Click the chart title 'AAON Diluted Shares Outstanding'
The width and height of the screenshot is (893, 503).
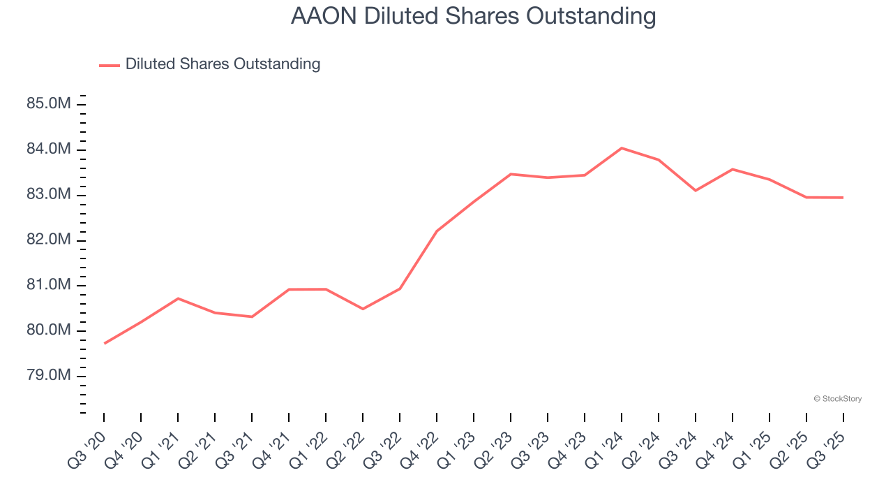(x=473, y=16)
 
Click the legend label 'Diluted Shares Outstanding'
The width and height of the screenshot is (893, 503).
(x=223, y=64)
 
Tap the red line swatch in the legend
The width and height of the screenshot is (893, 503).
(x=110, y=65)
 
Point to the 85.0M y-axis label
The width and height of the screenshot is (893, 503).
(x=49, y=104)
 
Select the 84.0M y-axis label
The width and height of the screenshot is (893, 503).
(x=49, y=150)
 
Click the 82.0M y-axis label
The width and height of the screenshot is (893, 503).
(x=49, y=240)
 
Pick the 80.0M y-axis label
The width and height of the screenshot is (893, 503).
(x=49, y=330)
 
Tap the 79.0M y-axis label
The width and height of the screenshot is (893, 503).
(x=49, y=376)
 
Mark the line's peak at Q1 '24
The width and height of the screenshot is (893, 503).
(x=622, y=148)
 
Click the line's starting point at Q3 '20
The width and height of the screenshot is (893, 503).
(x=105, y=343)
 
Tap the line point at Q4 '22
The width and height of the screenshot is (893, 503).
(x=437, y=231)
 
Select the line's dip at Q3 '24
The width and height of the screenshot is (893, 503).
(x=696, y=190)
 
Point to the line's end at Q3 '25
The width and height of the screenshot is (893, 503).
(x=843, y=198)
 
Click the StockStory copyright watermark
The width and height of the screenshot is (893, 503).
(x=838, y=399)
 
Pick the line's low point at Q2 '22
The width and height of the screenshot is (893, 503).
(x=363, y=309)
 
